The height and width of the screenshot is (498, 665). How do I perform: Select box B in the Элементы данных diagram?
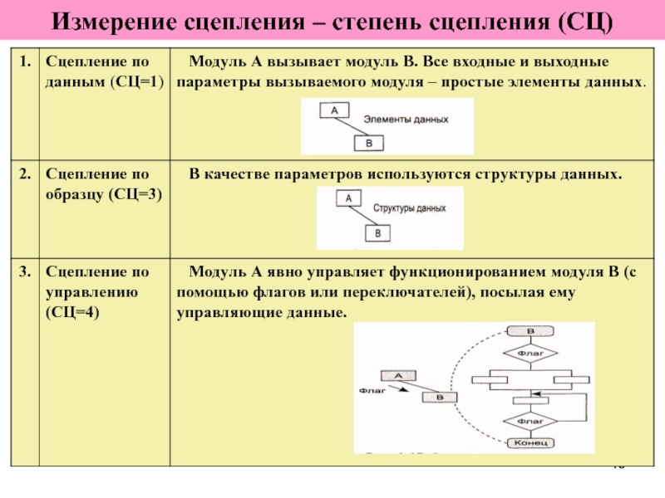point(369,143)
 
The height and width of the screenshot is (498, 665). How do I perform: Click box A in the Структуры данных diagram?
point(347,198)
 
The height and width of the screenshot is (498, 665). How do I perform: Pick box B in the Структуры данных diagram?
point(378,233)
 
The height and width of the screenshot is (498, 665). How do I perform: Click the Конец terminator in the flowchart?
point(529,443)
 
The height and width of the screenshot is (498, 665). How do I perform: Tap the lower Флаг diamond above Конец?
point(529,420)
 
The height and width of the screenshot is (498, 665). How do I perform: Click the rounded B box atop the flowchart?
point(529,330)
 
